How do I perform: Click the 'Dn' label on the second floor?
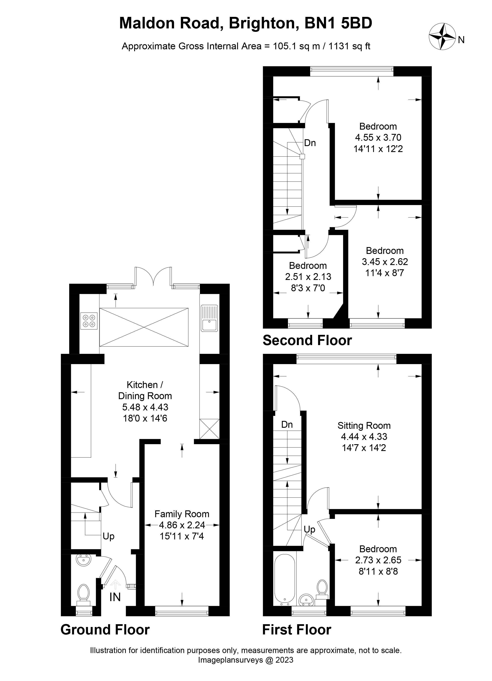point(310,143)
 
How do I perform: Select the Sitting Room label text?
point(364,425)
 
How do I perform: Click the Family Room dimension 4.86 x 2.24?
point(182,525)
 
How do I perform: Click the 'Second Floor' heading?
point(307,340)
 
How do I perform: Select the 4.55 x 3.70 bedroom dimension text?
point(378,138)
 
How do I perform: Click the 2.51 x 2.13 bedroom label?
point(308,277)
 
